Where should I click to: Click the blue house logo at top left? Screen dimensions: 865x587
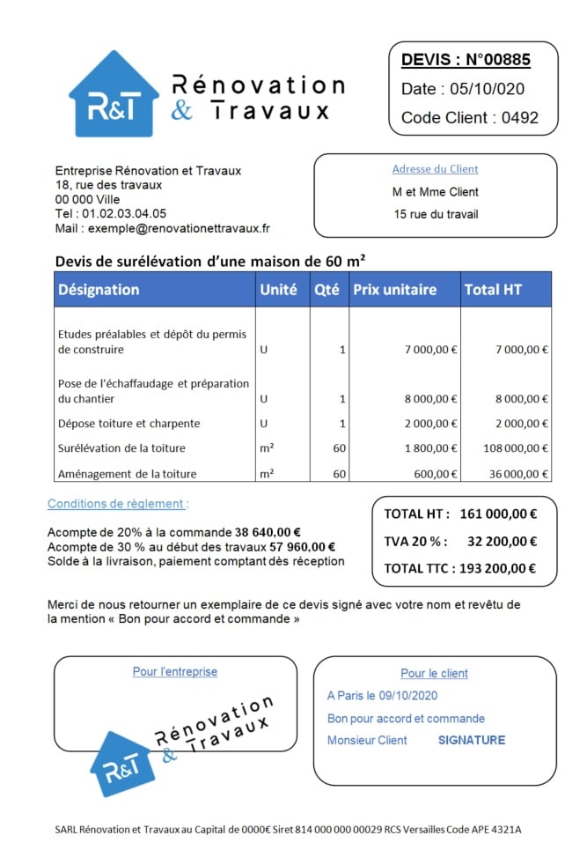coord(114,95)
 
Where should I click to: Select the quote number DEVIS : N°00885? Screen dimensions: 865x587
coord(466,60)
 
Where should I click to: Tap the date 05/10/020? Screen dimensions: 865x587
coord(487,89)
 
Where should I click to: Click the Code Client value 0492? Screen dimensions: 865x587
coord(519,117)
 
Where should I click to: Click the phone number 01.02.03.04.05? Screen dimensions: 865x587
coord(124,213)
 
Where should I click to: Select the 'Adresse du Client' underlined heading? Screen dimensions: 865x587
coord(435,169)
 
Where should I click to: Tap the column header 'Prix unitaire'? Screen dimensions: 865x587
coord(394,289)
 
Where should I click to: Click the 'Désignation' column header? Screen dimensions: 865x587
coord(99,289)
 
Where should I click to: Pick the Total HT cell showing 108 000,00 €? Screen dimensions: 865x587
coord(516,448)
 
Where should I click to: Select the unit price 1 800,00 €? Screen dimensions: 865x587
coord(430,448)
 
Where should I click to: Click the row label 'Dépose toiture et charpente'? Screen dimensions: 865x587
coord(128,424)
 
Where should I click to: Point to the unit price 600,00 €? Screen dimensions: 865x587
coord(436,474)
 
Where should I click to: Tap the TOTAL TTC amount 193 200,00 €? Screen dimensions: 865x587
coord(499,568)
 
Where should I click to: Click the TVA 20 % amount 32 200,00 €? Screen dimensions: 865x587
coord(502,541)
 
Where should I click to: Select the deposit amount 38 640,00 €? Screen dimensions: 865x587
coord(268,532)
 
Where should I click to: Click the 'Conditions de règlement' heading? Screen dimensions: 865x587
coord(118,504)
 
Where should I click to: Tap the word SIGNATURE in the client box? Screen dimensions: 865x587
coord(472,740)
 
